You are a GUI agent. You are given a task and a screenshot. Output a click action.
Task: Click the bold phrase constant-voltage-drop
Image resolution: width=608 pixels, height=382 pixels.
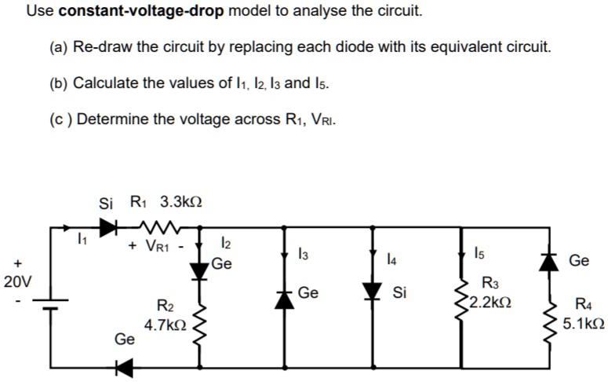[x=142, y=12]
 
